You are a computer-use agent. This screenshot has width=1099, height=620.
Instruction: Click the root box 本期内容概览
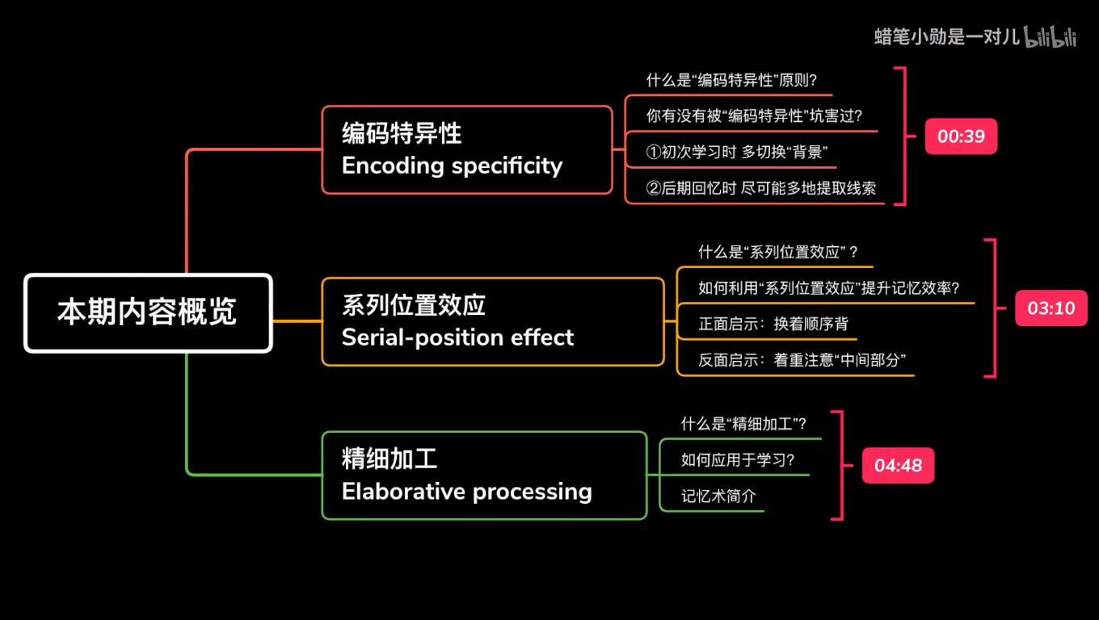click(148, 313)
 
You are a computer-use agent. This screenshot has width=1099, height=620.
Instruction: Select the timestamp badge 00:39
click(961, 136)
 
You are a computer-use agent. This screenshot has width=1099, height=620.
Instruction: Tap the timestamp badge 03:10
click(1051, 308)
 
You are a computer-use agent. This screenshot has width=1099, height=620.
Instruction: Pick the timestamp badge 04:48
click(898, 466)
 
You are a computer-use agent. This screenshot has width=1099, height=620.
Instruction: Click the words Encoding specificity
click(452, 165)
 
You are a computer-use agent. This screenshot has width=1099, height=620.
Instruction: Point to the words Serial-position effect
click(457, 337)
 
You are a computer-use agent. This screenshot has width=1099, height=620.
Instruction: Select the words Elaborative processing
click(466, 491)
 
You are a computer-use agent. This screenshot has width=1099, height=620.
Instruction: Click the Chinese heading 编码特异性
click(402, 133)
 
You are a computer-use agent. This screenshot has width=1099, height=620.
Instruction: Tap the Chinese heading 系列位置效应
click(413, 305)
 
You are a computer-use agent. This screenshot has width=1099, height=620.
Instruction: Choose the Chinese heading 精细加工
click(389, 459)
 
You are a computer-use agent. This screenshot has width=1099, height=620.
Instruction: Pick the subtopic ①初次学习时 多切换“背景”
click(737, 152)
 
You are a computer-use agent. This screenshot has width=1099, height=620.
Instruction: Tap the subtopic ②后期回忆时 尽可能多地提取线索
click(760, 188)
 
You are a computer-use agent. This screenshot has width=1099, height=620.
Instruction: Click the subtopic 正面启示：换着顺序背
click(773, 324)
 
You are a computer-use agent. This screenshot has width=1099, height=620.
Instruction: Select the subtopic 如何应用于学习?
click(738, 460)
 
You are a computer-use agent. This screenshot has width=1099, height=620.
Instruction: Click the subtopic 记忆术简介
click(718, 496)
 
